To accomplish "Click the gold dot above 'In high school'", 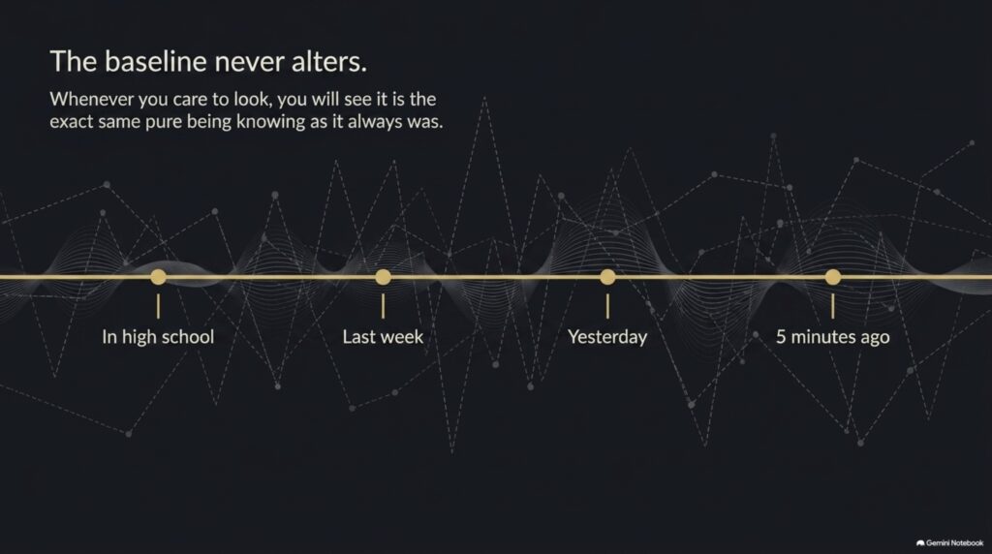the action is pyautogui.click(x=158, y=277).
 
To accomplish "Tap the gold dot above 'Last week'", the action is pyautogui.click(x=383, y=277).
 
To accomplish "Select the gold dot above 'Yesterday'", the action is pyautogui.click(x=607, y=277).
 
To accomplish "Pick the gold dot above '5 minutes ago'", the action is pyautogui.click(x=832, y=277).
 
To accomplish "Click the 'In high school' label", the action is pyautogui.click(x=158, y=336).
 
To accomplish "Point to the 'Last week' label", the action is pyautogui.click(x=383, y=336).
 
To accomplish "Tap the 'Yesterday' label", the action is pyautogui.click(x=607, y=336).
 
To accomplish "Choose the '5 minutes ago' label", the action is pyautogui.click(x=832, y=336).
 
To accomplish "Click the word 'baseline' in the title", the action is pyautogui.click(x=156, y=61).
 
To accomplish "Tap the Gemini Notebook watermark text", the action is pyautogui.click(x=954, y=543).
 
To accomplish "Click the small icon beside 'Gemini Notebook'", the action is pyautogui.click(x=920, y=543).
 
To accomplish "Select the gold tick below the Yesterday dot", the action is pyautogui.click(x=607, y=306).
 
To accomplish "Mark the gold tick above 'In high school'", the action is pyautogui.click(x=158, y=306).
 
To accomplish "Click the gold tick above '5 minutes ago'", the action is pyautogui.click(x=832, y=306).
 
